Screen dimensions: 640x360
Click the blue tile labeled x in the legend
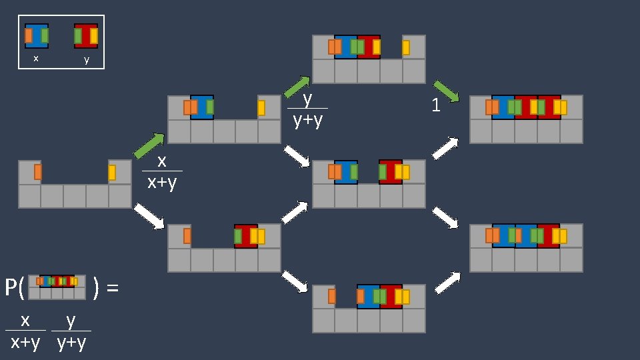tap(37, 36)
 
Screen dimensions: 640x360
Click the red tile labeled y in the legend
tap(86, 36)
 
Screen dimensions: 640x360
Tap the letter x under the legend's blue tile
tap(36, 59)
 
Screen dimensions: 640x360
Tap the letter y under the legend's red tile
tap(86, 59)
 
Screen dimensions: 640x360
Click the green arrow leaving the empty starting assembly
tap(149, 146)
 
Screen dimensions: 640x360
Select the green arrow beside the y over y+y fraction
tap(297, 87)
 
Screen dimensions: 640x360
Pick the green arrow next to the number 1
tap(446, 91)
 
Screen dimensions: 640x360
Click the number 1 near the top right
tap(436, 105)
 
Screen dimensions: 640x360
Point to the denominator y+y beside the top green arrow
tap(308, 121)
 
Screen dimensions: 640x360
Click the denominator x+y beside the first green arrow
tap(162, 181)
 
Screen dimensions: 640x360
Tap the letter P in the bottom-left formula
tap(11, 288)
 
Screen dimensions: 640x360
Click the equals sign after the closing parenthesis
tap(113, 288)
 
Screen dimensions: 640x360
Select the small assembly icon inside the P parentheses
tap(57, 287)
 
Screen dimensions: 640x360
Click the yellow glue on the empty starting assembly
tap(112, 173)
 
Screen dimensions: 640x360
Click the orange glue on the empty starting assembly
tap(38, 172)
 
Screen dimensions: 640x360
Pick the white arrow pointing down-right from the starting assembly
tap(149, 216)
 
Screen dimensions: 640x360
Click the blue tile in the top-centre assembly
tap(345, 47)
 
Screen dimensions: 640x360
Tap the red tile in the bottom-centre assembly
tap(391, 297)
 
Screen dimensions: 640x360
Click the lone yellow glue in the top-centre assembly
tap(406, 47)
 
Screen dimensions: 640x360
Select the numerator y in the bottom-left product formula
tap(71, 321)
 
